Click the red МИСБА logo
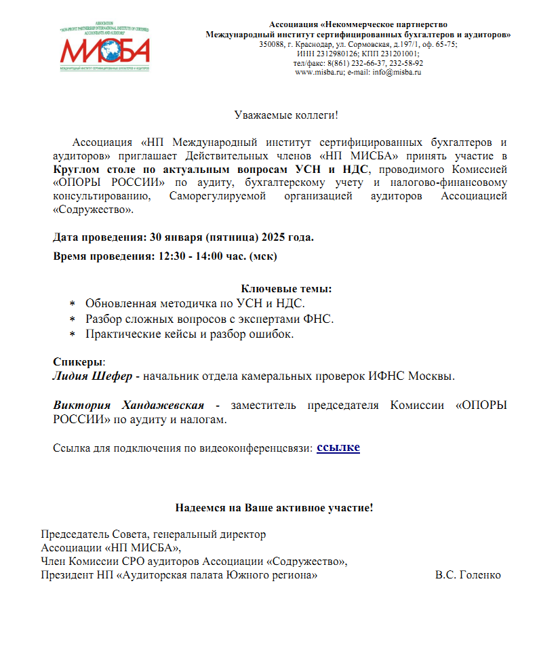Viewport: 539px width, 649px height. coord(104,50)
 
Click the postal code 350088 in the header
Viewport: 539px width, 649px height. coord(272,44)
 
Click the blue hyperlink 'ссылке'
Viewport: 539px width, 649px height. coord(338,447)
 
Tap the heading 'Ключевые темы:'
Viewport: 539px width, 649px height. coord(286,289)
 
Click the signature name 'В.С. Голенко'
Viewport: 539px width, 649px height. coord(468,575)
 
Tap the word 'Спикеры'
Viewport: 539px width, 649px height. coord(78,361)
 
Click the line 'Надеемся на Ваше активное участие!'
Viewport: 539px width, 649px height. coord(274,507)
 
